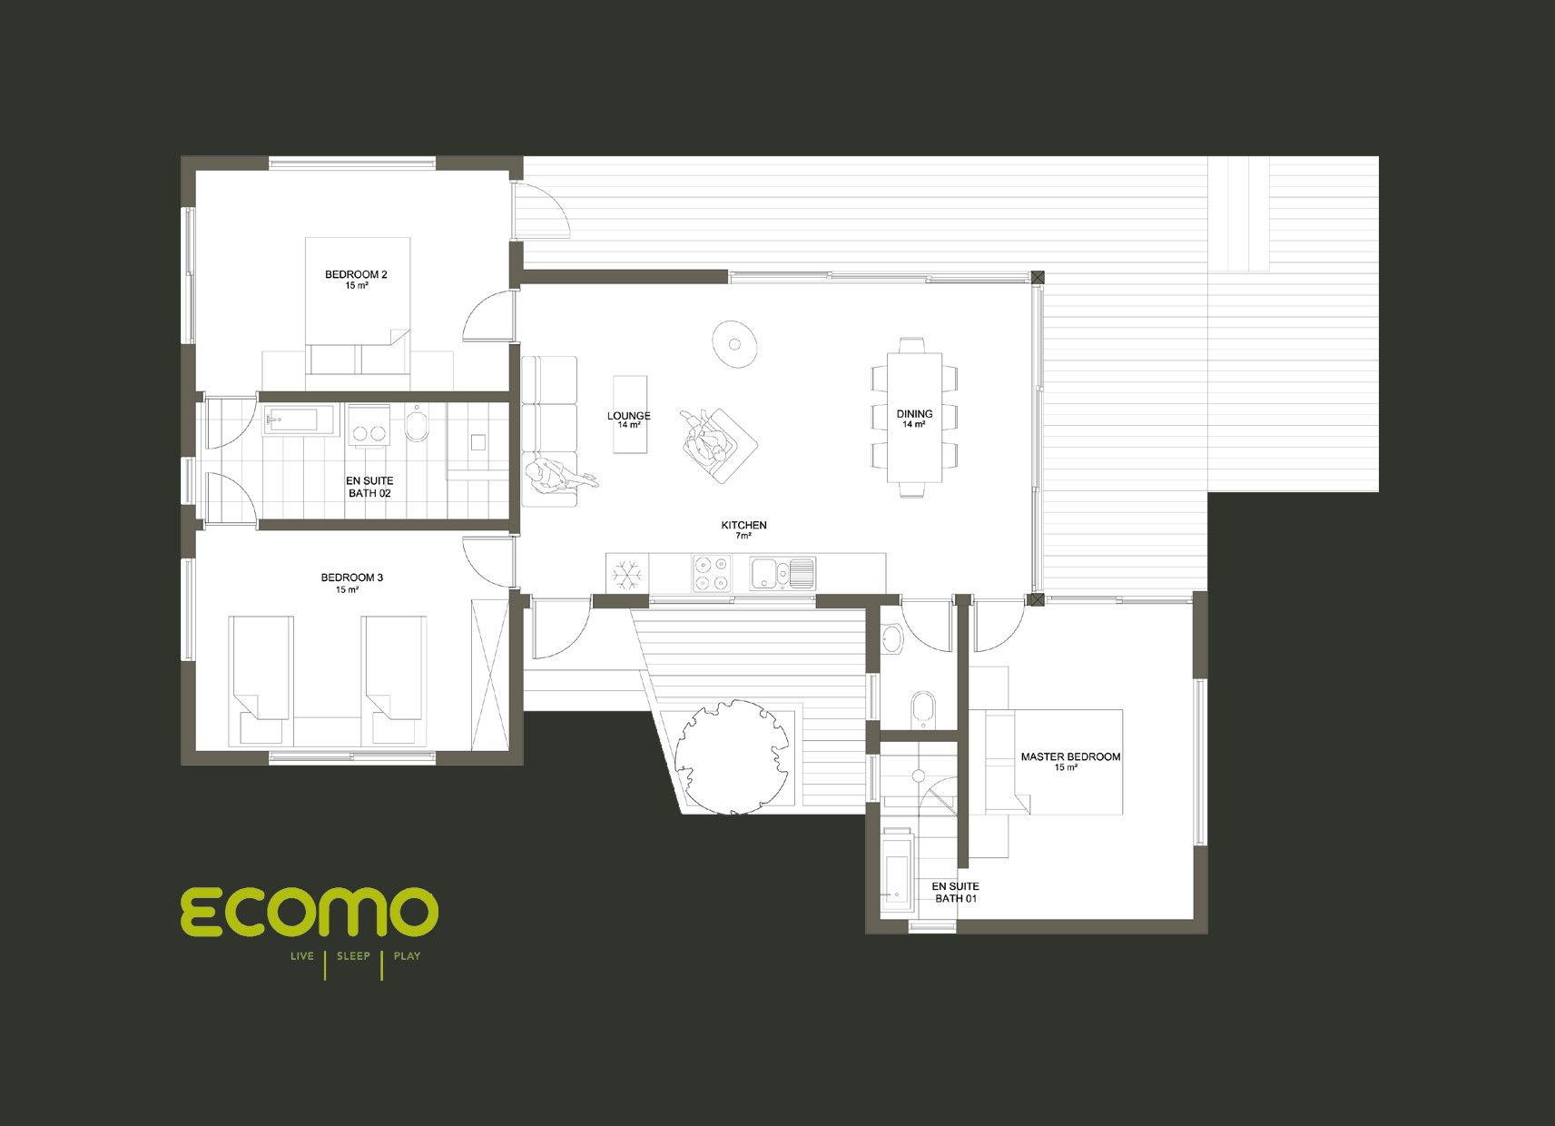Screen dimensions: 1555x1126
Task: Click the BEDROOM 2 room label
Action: click(x=356, y=274)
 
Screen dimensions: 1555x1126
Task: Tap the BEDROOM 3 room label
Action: click(x=352, y=578)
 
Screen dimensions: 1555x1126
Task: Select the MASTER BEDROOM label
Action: click(x=1070, y=756)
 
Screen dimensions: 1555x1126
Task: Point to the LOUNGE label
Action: click(x=629, y=415)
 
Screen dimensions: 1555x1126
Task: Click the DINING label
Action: click(x=914, y=413)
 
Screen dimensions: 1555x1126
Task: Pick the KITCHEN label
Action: click(x=744, y=525)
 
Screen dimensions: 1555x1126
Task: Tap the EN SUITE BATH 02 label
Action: click(x=369, y=487)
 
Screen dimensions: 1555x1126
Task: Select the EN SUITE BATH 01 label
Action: click(x=955, y=892)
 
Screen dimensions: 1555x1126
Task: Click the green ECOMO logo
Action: click(x=310, y=912)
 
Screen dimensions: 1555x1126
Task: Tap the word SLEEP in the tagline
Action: click(x=353, y=956)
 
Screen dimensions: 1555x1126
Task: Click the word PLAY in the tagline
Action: click(x=407, y=956)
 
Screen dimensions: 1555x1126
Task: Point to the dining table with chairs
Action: click(x=914, y=417)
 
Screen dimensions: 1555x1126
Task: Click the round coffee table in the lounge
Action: click(x=733, y=343)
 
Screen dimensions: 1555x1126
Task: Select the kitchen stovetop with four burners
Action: click(x=712, y=573)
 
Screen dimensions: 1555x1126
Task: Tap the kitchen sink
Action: click(x=782, y=573)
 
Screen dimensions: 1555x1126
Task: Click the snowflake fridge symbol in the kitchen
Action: click(x=627, y=575)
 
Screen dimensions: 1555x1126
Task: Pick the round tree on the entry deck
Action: click(x=733, y=756)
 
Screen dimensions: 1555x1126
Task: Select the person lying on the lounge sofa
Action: click(x=559, y=478)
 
